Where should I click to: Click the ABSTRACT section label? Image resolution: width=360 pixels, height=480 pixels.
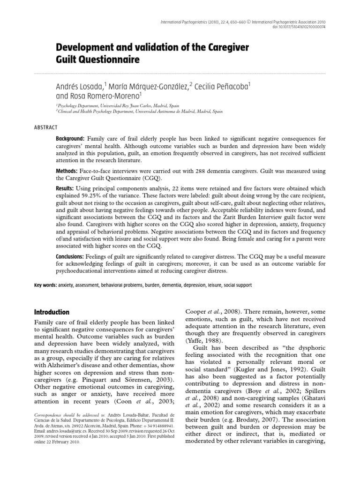(46, 127)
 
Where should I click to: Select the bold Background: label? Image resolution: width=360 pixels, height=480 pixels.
(70, 139)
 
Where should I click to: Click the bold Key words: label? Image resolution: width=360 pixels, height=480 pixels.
(46, 285)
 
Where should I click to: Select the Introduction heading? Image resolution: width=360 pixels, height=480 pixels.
(52, 312)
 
